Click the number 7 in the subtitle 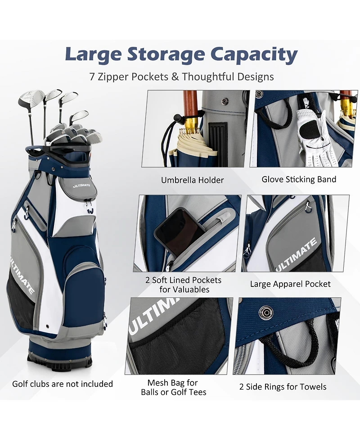(92, 77)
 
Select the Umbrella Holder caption (193, 180)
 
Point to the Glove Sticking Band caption (299, 179)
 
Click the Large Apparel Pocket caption (290, 284)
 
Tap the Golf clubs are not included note (63, 384)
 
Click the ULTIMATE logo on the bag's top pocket (82, 185)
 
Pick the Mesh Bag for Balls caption (173, 387)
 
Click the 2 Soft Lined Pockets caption (184, 285)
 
